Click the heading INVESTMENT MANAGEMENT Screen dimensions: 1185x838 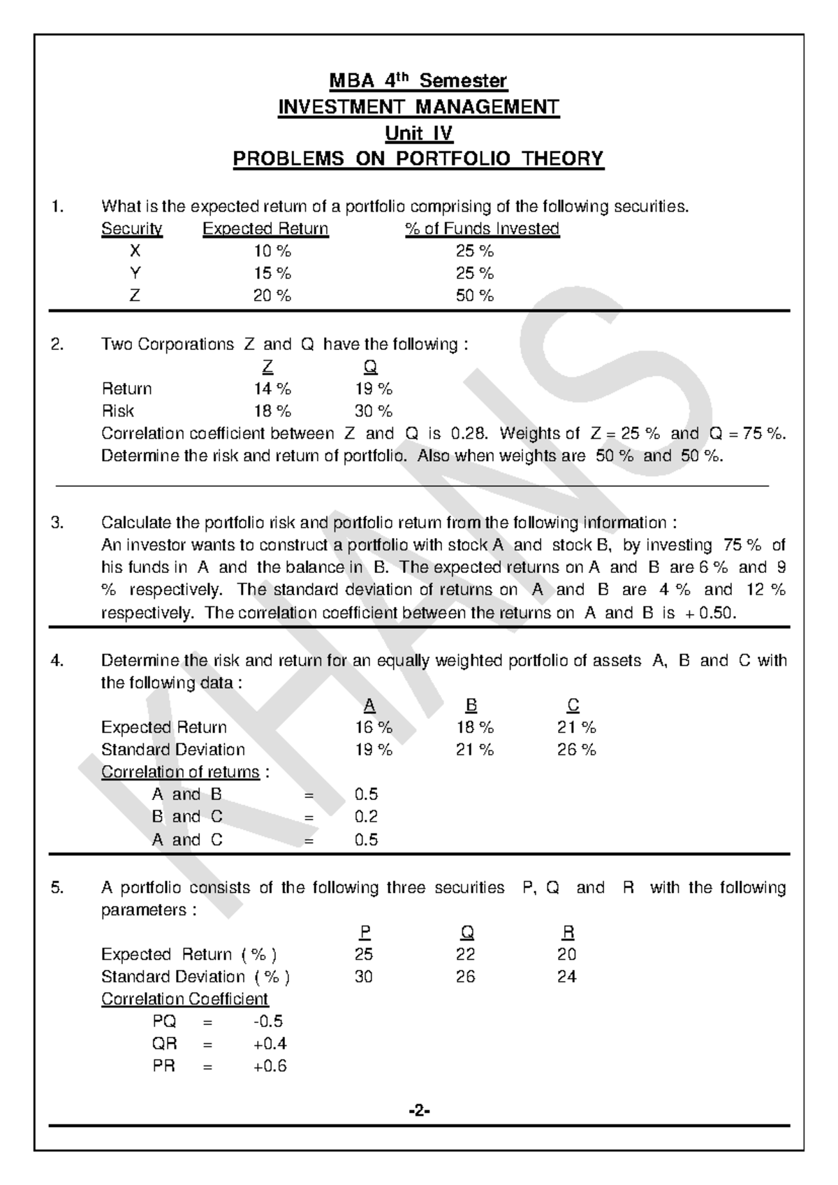[418, 107]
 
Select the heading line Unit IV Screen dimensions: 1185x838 [418, 133]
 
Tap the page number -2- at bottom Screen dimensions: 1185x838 [419, 1110]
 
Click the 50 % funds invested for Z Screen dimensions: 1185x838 [475, 296]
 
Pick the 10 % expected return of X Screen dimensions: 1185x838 [272, 251]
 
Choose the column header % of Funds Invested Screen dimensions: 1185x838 [482, 228]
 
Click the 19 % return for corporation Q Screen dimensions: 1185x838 [374, 388]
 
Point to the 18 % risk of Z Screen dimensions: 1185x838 [272, 411]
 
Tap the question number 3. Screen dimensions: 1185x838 [57, 523]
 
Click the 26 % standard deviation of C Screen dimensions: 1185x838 [577, 750]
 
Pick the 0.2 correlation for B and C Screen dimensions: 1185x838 [366, 816]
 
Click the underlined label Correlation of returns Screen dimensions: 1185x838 [180, 772]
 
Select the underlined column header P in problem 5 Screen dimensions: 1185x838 [365, 932]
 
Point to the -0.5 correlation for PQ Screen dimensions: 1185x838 [268, 1022]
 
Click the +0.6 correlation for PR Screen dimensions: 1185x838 [270, 1066]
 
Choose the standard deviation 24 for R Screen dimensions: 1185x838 [566, 977]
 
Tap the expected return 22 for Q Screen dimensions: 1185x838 [466, 954]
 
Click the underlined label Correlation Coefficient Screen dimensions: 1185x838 [185, 999]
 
